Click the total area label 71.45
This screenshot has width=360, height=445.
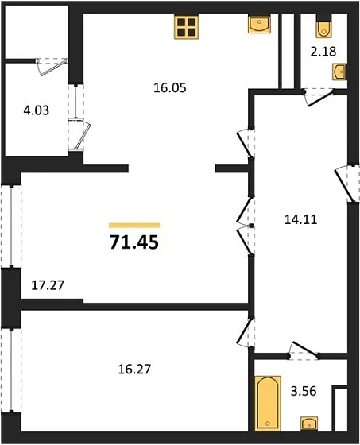coord(134,242)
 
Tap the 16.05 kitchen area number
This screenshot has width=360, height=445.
coord(168,91)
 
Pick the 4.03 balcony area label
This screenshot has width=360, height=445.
coord(35,111)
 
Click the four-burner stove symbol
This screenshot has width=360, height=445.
coord(186,27)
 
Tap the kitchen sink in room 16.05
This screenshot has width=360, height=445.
coord(259,25)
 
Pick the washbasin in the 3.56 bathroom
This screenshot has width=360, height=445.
coord(308,424)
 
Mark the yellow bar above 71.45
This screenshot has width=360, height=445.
coord(134,226)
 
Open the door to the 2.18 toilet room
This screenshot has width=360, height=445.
coord(317,93)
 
